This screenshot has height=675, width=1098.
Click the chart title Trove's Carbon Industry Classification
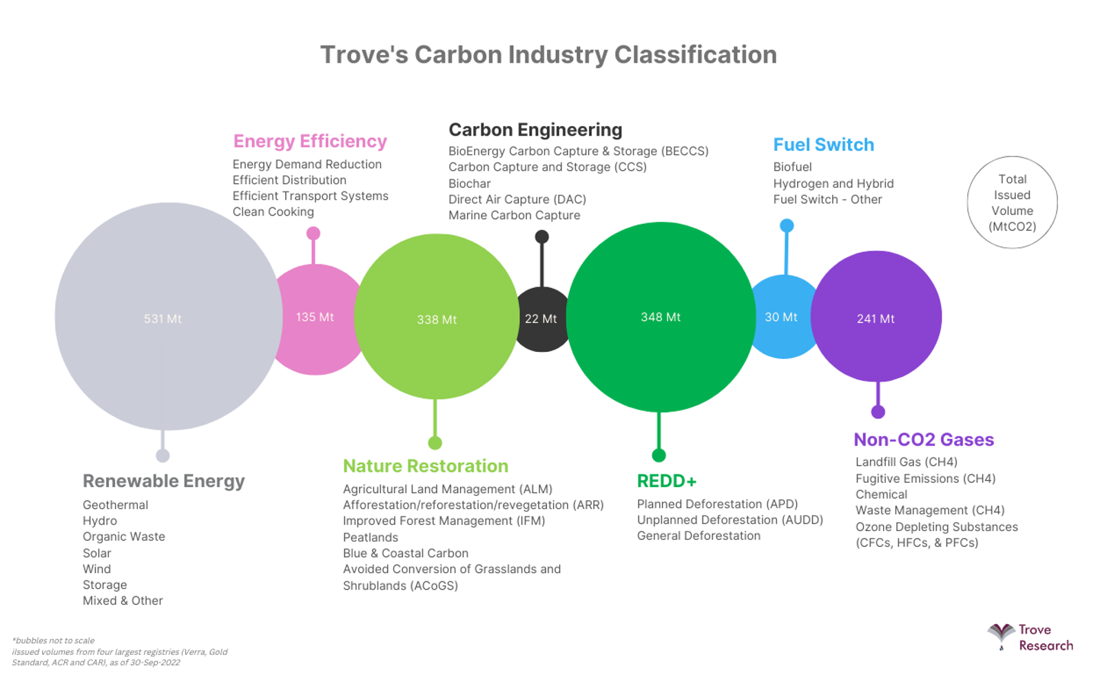pyautogui.click(x=548, y=54)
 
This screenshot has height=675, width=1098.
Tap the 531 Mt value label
pyautogui.click(x=163, y=319)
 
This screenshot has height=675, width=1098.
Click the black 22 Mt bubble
pyautogui.click(x=541, y=320)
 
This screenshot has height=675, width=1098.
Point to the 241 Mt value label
pyautogui.click(x=876, y=319)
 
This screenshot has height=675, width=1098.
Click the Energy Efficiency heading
pyautogui.click(x=310, y=141)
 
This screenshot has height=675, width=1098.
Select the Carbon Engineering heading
pyautogui.click(x=535, y=129)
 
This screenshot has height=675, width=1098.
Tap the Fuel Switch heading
pyautogui.click(x=824, y=145)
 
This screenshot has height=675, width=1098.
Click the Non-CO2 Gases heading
pyautogui.click(x=924, y=439)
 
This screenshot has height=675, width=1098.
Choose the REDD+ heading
pyautogui.click(x=667, y=481)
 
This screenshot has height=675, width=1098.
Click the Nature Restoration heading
pyautogui.click(x=426, y=466)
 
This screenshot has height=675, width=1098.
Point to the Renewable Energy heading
pyautogui.click(x=164, y=481)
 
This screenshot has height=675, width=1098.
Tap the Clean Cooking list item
pyautogui.click(x=273, y=211)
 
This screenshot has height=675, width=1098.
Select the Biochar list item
pyautogui.click(x=469, y=183)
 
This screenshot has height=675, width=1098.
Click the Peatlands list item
pyautogui.click(x=370, y=537)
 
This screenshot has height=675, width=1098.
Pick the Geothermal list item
pyautogui.click(x=115, y=505)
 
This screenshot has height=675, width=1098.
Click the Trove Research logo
pyautogui.click(x=1030, y=638)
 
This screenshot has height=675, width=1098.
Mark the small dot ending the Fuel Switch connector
pyautogui.click(x=787, y=225)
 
